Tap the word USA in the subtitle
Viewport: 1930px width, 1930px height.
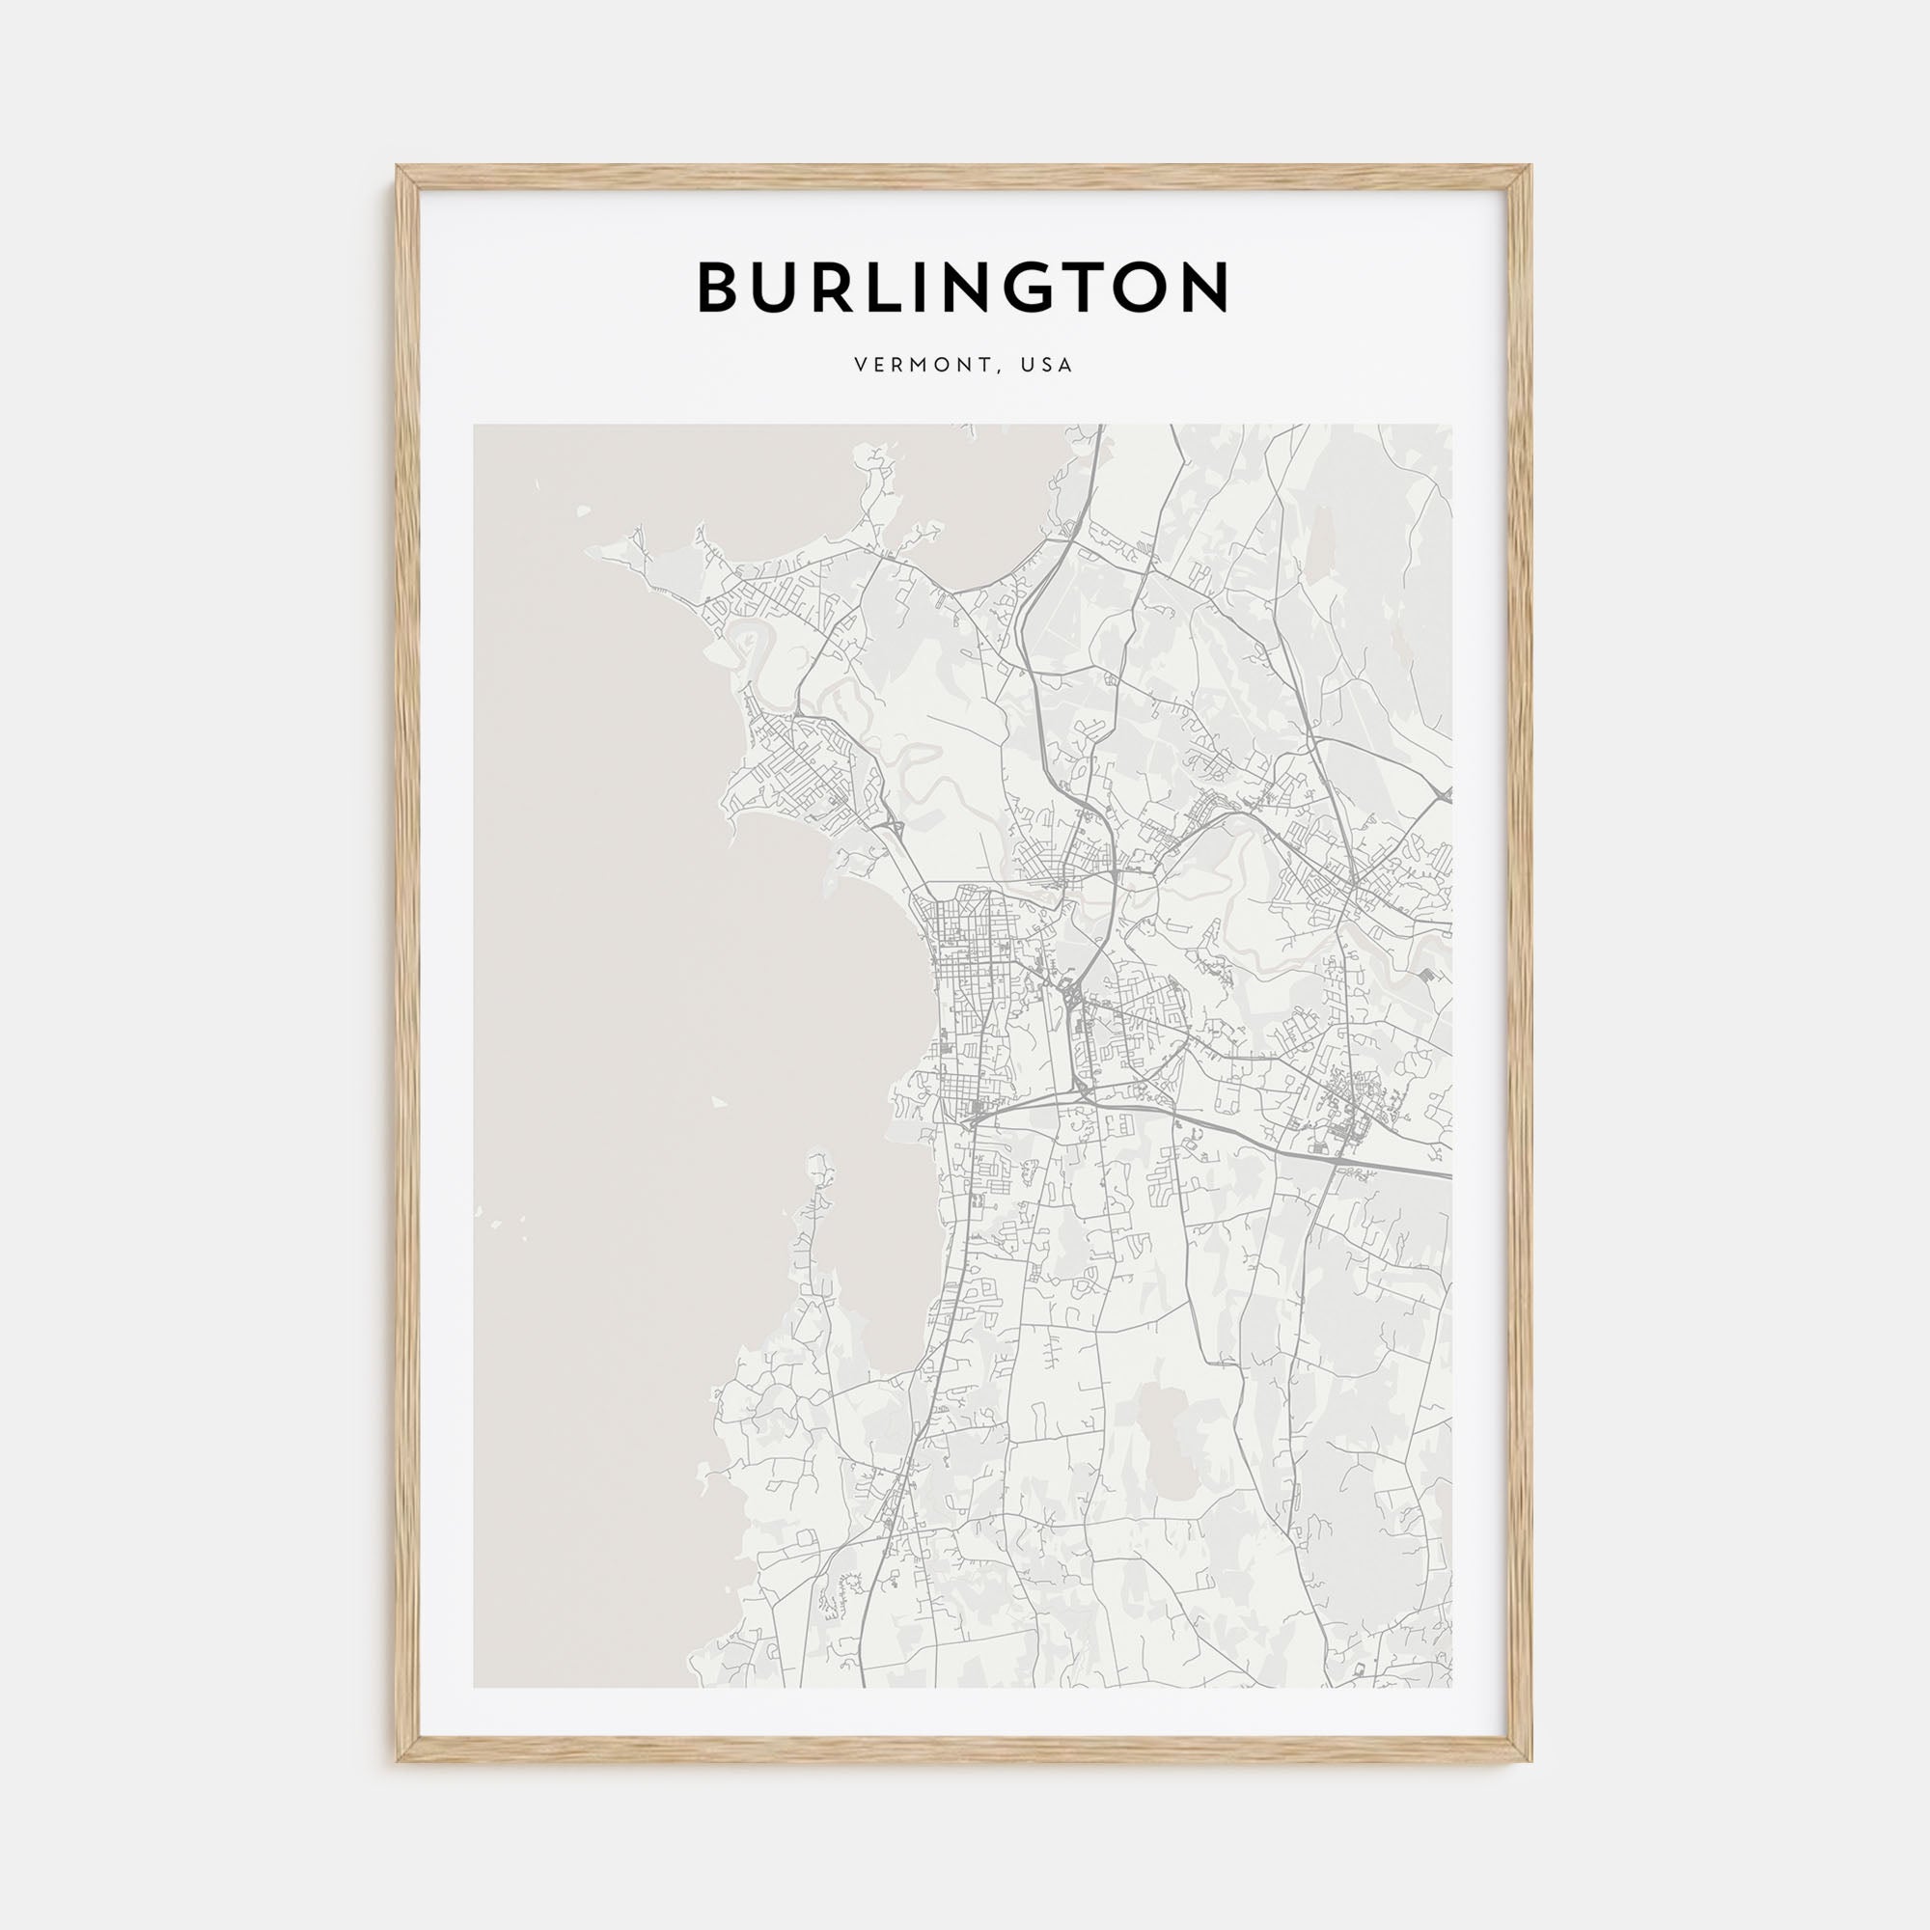(x=1047, y=366)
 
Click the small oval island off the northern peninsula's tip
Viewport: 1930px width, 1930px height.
(x=584, y=512)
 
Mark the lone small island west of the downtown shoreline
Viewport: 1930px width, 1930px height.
(x=716, y=1104)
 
